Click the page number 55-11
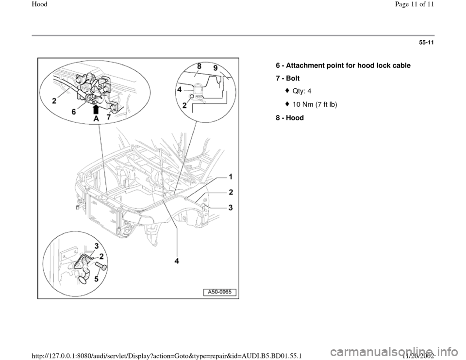pos(425,43)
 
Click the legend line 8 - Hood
pos(290,117)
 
